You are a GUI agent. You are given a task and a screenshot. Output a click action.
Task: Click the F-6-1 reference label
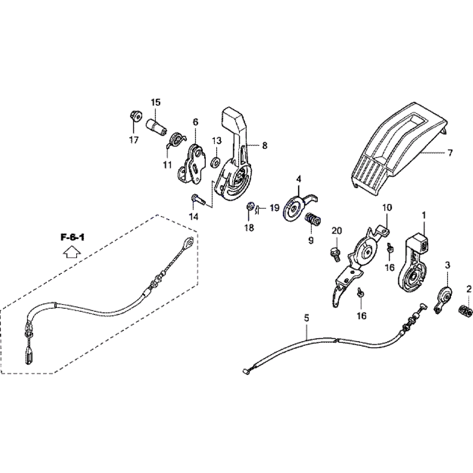(72, 237)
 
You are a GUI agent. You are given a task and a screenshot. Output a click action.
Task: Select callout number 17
(134, 140)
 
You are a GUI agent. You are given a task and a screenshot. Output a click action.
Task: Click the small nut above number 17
(135, 115)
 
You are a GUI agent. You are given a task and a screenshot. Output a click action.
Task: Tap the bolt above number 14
(198, 199)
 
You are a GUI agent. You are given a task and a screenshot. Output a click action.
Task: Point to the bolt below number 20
(335, 254)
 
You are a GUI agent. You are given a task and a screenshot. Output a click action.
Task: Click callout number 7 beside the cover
(450, 153)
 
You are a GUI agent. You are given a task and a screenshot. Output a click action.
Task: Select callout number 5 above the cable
(307, 318)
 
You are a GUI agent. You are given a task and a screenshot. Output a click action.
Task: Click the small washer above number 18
(250, 206)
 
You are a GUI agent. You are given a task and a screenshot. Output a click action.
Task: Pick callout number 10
(387, 208)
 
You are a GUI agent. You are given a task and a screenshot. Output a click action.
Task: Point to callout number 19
(274, 208)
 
